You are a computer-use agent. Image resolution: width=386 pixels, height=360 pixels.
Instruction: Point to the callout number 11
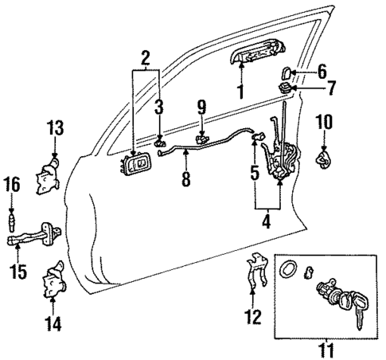pyautogui.click(x=326, y=348)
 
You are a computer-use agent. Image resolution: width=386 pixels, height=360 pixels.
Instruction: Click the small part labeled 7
pyautogui.click(x=284, y=85)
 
